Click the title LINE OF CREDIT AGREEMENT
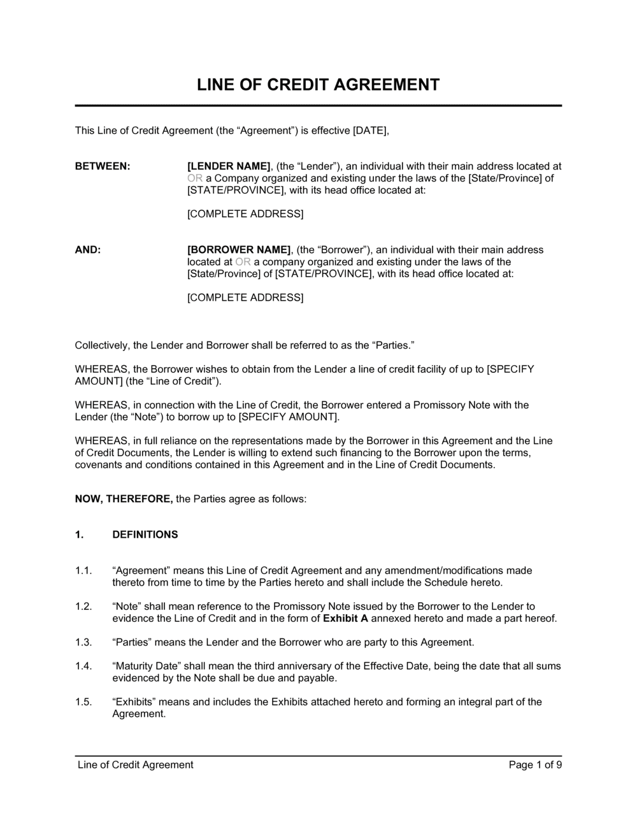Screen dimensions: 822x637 tap(318, 85)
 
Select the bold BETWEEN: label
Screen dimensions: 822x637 tap(103, 166)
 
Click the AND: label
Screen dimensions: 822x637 tap(88, 250)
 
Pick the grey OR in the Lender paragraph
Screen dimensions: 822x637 tap(195, 178)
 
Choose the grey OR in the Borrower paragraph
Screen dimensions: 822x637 tap(243, 262)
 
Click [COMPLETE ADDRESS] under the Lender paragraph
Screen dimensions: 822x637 tap(245, 214)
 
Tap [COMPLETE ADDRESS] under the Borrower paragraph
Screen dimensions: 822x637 tap(245, 298)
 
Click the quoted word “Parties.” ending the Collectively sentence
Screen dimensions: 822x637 tap(393, 345)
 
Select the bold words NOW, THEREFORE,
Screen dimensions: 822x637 tap(124, 499)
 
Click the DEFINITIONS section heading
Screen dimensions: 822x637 tap(145, 535)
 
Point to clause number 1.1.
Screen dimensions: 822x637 tap(83, 570)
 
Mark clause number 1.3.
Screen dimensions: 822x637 tap(83, 642)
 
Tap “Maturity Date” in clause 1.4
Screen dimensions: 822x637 tap(147, 666)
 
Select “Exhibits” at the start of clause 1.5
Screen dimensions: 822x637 tap(134, 702)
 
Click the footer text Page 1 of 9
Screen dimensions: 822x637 tap(535, 765)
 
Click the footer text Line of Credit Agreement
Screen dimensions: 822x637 tap(135, 765)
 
